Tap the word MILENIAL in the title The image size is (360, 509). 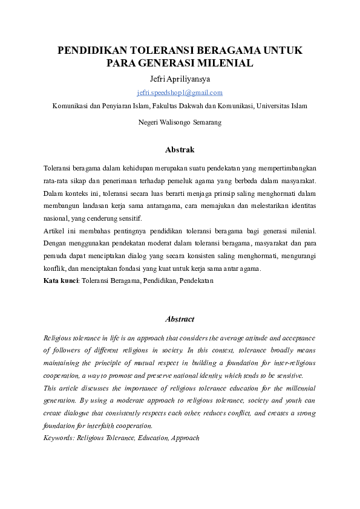click(226, 62)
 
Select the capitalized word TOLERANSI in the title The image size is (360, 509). click(171, 50)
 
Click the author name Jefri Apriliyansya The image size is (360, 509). click(180, 79)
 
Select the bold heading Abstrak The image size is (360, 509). click(180, 149)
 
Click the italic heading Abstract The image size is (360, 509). click(180, 319)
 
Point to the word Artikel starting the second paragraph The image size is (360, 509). click(54, 230)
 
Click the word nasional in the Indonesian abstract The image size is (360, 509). click(56, 218)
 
